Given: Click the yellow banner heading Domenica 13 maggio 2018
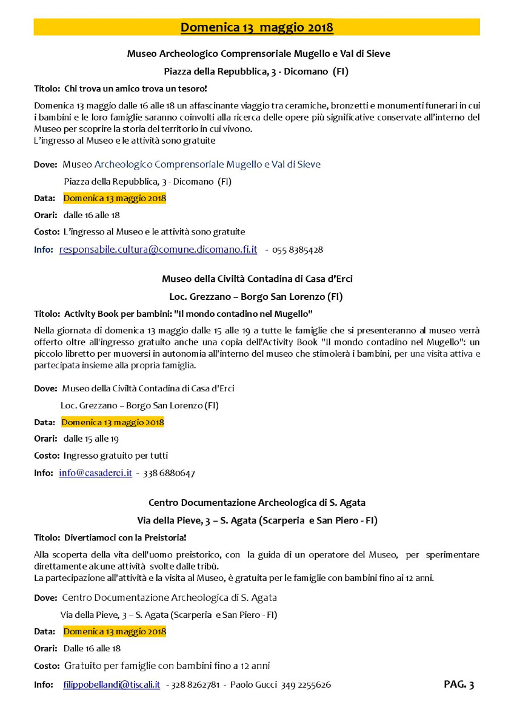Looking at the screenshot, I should click(256, 27).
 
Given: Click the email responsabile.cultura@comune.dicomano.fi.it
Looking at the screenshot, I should click(158, 249).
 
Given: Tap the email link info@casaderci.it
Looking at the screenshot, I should click(95, 473).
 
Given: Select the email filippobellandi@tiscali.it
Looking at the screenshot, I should click(112, 685).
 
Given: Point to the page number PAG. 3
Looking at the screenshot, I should click(459, 684).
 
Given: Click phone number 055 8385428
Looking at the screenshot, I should click(298, 250).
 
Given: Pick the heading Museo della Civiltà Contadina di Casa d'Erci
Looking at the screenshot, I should click(257, 279).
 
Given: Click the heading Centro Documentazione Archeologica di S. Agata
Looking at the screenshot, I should click(257, 502).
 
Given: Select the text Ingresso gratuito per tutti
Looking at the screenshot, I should click(116, 455).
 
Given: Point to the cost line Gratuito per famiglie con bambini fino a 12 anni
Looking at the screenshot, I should click(167, 666).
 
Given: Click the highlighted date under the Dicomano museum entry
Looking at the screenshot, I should click(115, 198).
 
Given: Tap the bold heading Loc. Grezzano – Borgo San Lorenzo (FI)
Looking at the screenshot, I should click(256, 297).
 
